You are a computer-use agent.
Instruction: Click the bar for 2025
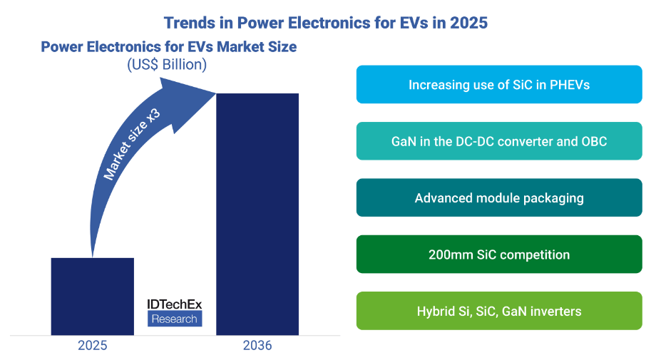click(x=93, y=296)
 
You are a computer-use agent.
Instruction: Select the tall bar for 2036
click(x=257, y=214)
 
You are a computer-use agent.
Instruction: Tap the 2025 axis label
click(x=93, y=346)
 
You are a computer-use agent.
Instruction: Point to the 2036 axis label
click(x=257, y=346)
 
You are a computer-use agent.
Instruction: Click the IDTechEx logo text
click(x=175, y=304)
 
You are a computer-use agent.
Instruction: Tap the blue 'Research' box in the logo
click(x=175, y=319)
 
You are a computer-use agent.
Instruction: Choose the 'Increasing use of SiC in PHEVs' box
click(x=499, y=85)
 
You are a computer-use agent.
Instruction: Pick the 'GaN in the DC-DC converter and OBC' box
click(x=499, y=141)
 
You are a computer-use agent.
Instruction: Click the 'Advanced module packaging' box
click(x=499, y=197)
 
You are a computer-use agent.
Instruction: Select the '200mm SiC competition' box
click(x=499, y=254)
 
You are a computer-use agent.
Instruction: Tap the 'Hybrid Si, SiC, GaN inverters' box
click(x=499, y=311)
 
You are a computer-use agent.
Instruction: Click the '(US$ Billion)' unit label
click(x=167, y=65)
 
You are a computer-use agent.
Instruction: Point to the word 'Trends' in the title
click(x=189, y=22)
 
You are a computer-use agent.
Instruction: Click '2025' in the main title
click(x=468, y=22)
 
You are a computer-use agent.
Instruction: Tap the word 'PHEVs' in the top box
click(x=568, y=85)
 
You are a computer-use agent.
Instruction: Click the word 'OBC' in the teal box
click(x=593, y=141)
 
